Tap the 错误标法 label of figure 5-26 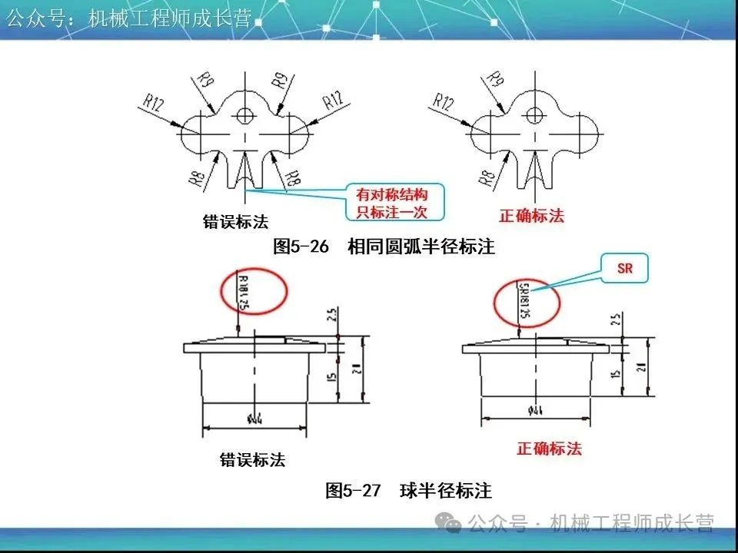click(235, 222)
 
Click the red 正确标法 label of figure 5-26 click(531, 216)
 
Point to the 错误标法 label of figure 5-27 click(252, 460)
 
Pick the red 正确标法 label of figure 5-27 click(549, 449)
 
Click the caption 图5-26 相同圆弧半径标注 click(384, 247)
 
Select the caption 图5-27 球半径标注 click(408, 491)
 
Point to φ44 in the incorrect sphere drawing click(254, 419)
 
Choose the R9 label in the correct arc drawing click(497, 80)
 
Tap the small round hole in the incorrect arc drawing click(245, 116)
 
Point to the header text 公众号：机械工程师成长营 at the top click(129, 18)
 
